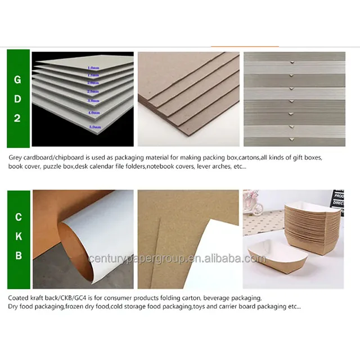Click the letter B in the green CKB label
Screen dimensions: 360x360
point(18,256)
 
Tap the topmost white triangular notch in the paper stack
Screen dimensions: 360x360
point(291,64)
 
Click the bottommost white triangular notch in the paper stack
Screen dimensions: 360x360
point(291,139)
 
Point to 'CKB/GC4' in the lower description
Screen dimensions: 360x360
point(74,298)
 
